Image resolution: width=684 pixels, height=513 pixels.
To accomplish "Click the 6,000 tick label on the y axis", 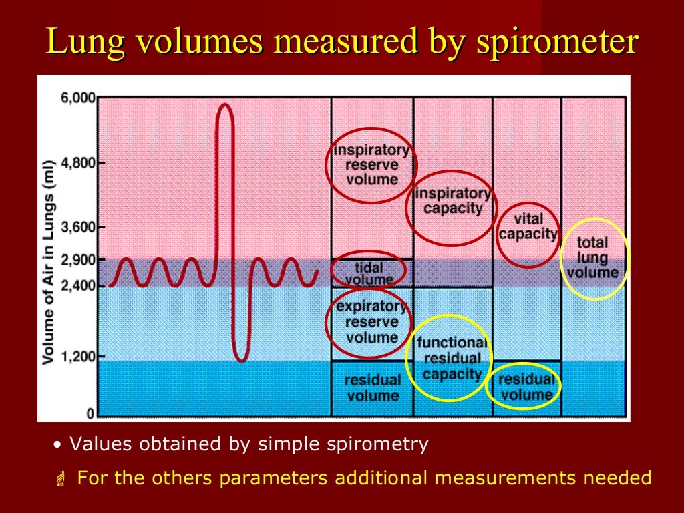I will (78, 98).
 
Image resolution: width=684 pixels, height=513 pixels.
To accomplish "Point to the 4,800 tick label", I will (78, 162).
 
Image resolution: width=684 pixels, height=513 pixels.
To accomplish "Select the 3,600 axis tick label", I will (78, 227).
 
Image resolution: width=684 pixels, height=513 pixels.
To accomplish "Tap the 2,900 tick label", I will (78, 259).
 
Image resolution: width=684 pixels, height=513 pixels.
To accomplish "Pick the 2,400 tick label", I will (78, 286).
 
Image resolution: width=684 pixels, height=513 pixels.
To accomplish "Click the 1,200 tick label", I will (78, 356).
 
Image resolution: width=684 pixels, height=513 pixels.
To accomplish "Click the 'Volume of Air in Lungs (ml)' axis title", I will (48, 263).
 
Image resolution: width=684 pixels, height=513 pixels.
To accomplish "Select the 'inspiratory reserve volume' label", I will (372, 164).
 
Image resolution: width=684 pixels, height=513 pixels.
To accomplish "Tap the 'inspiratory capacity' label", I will (453, 201).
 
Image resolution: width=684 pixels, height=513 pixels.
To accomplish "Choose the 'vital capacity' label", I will (528, 226).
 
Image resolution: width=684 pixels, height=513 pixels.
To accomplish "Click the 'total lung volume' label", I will (592, 258).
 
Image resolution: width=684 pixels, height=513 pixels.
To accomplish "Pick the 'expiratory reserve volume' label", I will (372, 322).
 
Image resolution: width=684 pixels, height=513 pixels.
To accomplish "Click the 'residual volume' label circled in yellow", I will (526, 387).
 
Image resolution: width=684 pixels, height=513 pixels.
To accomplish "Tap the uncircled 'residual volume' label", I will (372, 387).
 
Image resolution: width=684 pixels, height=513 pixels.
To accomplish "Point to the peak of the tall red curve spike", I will (224, 105).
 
